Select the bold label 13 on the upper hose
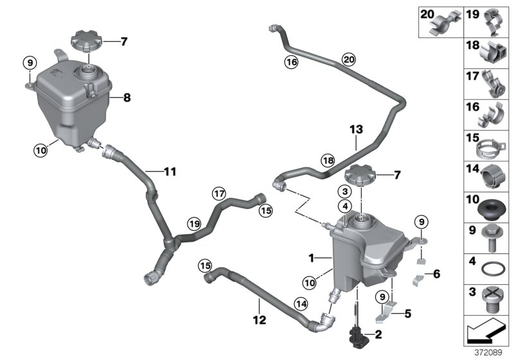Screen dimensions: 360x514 357,130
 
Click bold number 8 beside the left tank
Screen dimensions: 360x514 127,98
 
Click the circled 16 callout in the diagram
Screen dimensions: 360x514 291,62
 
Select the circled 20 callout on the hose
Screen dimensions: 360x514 348,60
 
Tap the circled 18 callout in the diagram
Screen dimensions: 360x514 328,160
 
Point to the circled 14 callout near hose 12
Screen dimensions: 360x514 301,303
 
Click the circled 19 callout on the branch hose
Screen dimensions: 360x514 195,224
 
